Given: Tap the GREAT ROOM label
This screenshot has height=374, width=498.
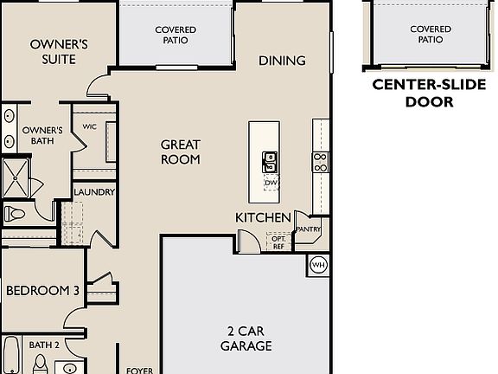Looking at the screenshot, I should pyautogui.click(x=181, y=152).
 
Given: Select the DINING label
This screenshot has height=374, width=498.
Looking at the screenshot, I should pyautogui.click(x=283, y=61).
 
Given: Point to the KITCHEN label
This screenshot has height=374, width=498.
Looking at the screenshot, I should pyautogui.click(x=263, y=217).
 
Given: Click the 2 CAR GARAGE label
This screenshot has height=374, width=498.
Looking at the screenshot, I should pyautogui.click(x=250, y=339).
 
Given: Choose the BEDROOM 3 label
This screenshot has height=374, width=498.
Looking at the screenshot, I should pyautogui.click(x=42, y=291).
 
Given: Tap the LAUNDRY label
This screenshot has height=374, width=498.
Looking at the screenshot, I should pyautogui.click(x=94, y=192).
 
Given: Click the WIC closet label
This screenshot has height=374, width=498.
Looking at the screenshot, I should pyautogui.click(x=89, y=126).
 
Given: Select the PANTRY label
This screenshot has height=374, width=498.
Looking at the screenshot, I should pyautogui.click(x=309, y=229).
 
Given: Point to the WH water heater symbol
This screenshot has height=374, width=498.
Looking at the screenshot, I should pyautogui.click(x=318, y=265).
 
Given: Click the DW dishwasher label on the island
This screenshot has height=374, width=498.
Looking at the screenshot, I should pyautogui.click(x=270, y=183).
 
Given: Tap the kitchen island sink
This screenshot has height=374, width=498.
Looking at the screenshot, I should pyautogui.click(x=270, y=161).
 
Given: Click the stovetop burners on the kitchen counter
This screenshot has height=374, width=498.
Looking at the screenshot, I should pyautogui.click(x=320, y=161).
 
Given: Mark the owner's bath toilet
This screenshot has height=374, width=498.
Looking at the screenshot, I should pyautogui.click(x=16, y=214).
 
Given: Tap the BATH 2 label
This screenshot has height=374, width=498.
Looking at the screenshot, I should pyautogui.click(x=44, y=345).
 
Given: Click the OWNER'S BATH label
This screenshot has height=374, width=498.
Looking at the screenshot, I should pyautogui.click(x=41, y=137).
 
